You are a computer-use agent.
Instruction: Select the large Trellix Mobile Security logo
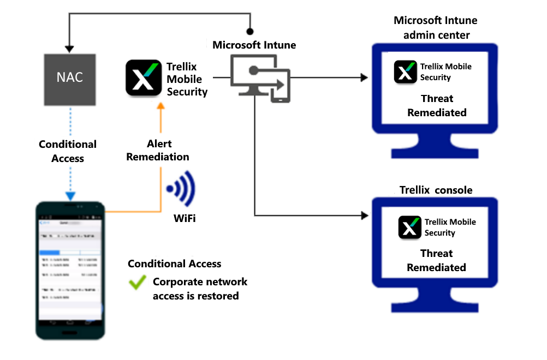coord(143,78)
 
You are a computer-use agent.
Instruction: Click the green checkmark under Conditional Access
coord(137,283)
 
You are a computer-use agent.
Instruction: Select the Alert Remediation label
coord(158,150)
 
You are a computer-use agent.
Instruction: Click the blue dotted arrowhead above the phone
coord(69,196)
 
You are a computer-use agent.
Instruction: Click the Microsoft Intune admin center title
coord(435,28)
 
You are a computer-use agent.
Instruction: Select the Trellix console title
coord(436,190)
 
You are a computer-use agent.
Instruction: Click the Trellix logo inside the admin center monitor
coord(405,72)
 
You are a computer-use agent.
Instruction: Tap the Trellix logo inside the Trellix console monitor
coord(410,227)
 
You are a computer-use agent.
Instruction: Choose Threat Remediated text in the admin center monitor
coord(437,106)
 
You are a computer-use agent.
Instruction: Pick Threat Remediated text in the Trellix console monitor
coord(436,261)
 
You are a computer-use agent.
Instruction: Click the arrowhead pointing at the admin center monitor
coord(365,78)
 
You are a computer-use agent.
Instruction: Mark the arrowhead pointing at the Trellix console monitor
coord(365,215)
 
